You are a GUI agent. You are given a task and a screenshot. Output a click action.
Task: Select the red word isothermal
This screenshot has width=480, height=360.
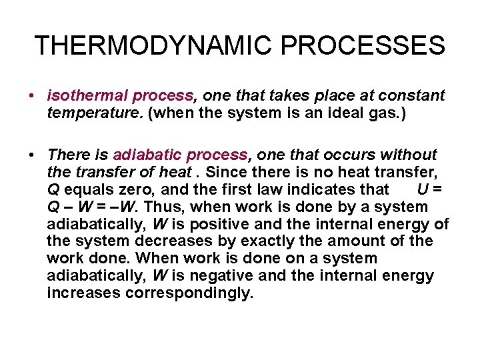(87, 96)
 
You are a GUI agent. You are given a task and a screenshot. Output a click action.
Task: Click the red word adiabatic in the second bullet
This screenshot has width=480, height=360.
(147, 155)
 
